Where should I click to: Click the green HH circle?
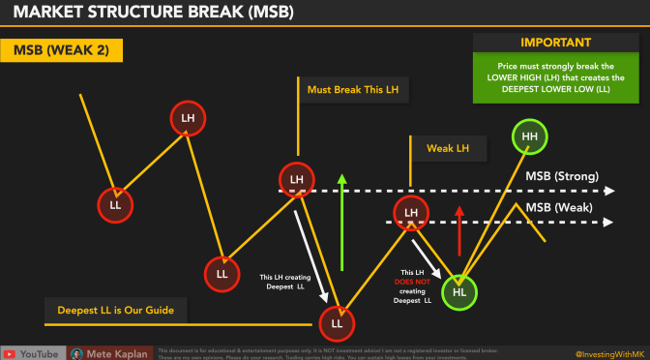(529, 137)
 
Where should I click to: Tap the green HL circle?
(460, 291)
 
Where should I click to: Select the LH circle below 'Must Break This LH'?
(297, 179)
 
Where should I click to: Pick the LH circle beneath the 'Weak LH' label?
(411, 212)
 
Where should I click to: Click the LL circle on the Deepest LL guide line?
(338, 321)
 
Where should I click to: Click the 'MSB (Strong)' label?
(562, 177)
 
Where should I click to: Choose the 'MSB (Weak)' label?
(558, 207)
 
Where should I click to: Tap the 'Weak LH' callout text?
(449, 148)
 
